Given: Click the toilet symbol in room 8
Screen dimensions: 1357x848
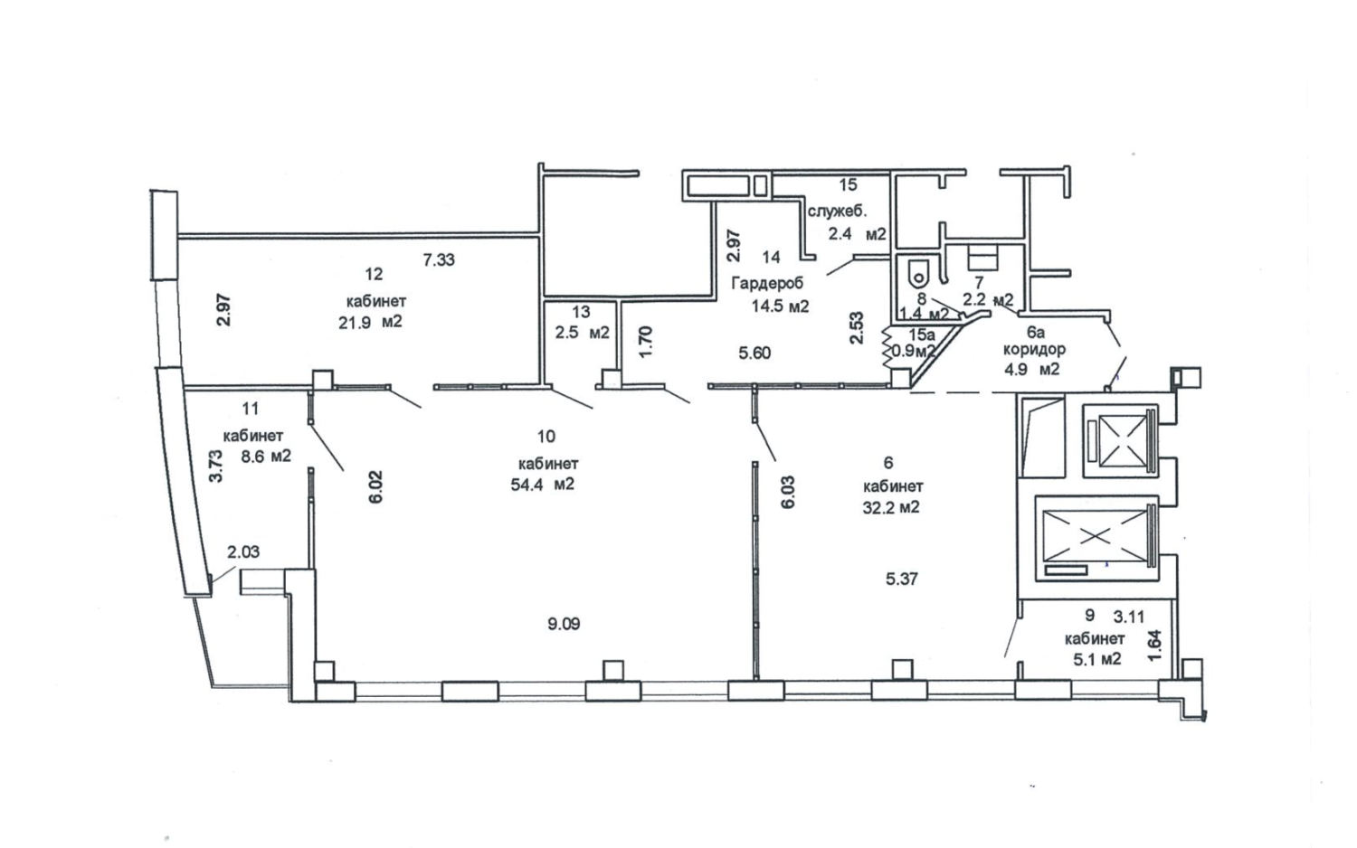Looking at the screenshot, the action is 918,274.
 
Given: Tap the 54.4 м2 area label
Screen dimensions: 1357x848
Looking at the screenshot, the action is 542,485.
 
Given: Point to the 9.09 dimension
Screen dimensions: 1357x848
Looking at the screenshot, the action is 564,624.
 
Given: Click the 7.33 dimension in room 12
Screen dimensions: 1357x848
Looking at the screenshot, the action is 439,259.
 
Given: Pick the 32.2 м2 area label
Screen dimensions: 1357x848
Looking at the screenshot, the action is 891,506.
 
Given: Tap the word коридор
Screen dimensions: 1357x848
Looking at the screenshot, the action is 1035,350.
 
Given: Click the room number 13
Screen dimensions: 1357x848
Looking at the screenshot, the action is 581,312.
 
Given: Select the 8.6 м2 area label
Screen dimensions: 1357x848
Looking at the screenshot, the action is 266,456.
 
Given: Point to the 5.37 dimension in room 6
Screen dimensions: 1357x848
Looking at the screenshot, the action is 901,579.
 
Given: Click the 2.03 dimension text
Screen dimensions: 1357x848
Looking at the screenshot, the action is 243,552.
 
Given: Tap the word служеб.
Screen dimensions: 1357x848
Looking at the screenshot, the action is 838,212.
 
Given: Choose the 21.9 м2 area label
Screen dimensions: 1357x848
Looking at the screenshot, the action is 370,322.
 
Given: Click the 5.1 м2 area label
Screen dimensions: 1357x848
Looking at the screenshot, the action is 1097,658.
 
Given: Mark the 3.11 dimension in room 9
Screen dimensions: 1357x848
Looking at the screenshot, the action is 1129,617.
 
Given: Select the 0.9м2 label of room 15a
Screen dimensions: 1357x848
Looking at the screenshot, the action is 914,351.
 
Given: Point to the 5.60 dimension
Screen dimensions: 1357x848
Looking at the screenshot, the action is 754,353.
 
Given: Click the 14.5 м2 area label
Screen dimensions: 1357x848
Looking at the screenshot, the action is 780,306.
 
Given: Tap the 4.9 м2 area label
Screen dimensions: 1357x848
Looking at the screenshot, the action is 1031,369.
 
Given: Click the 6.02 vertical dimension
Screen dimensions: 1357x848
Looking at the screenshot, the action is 376,487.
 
